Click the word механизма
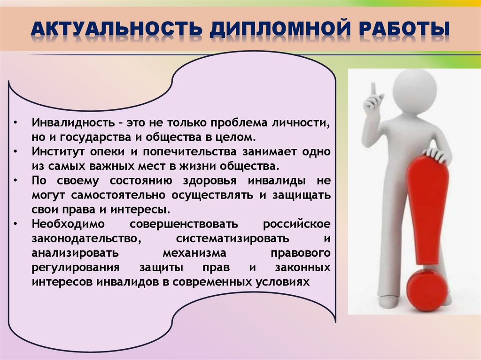pos(194,253)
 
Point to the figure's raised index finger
pos(373,88)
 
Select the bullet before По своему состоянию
pos(16,181)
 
